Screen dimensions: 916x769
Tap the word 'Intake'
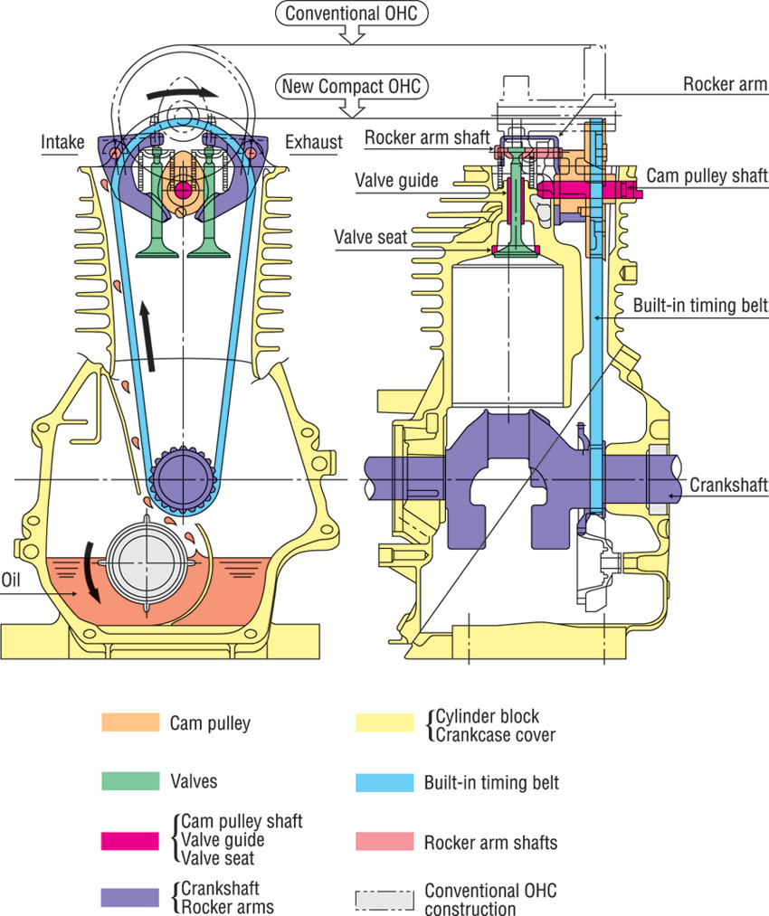pyautogui.click(x=62, y=142)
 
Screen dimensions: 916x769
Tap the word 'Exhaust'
pyautogui.click(x=314, y=142)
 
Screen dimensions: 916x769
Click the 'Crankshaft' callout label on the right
pyautogui.click(x=729, y=486)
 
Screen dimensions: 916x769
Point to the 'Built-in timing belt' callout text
pyautogui.click(x=698, y=306)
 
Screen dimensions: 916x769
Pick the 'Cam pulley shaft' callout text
pyautogui.click(x=707, y=175)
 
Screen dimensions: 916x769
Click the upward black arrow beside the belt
pyautogui.click(x=147, y=335)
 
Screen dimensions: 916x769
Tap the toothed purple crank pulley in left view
pyautogui.click(x=182, y=476)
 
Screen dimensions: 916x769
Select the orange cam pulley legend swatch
pyautogui.click(x=125, y=723)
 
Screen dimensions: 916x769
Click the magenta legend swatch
pyautogui.click(x=125, y=841)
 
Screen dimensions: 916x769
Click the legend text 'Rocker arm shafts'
pyautogui.click(x=490, y=843)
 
